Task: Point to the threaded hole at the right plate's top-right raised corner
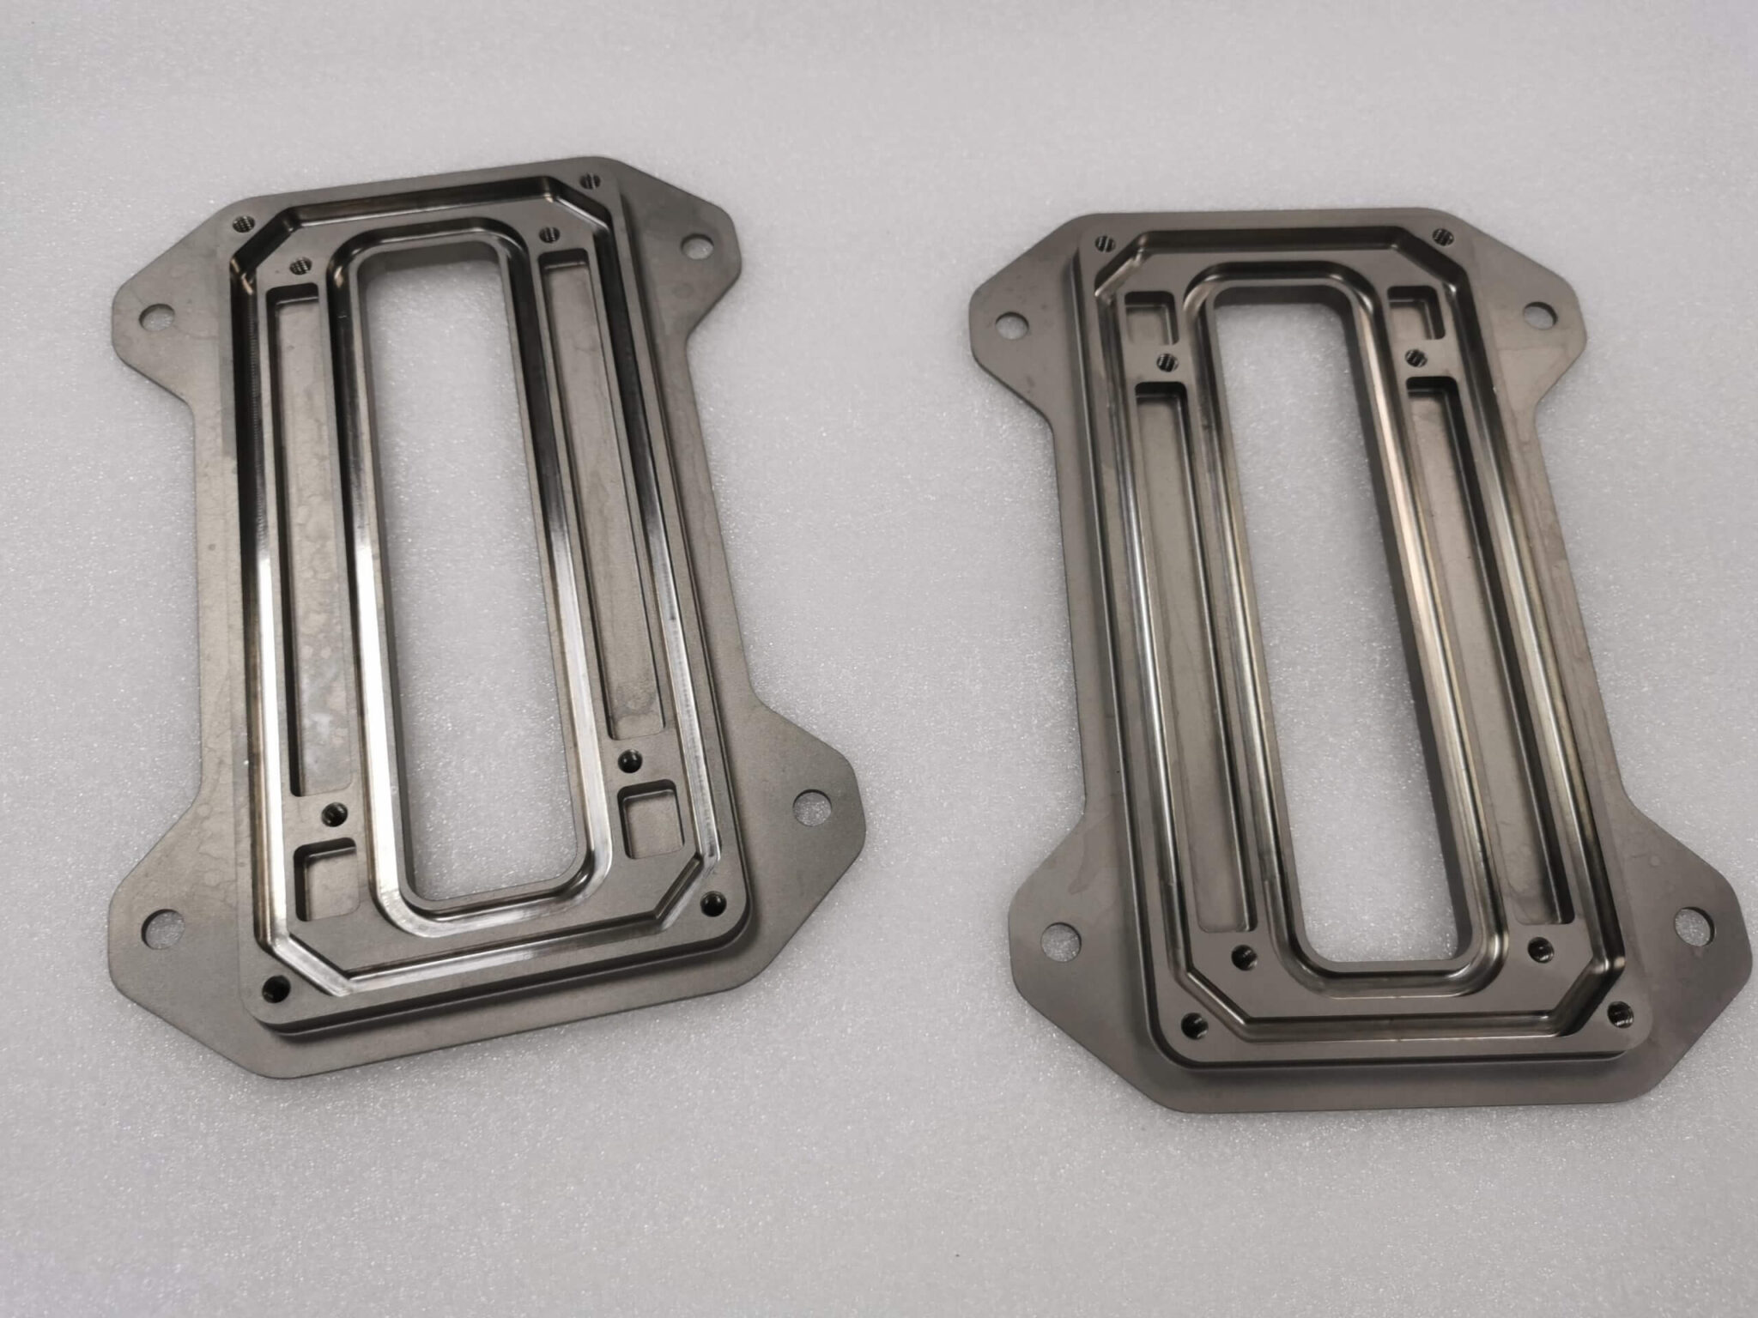[1442, 233]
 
